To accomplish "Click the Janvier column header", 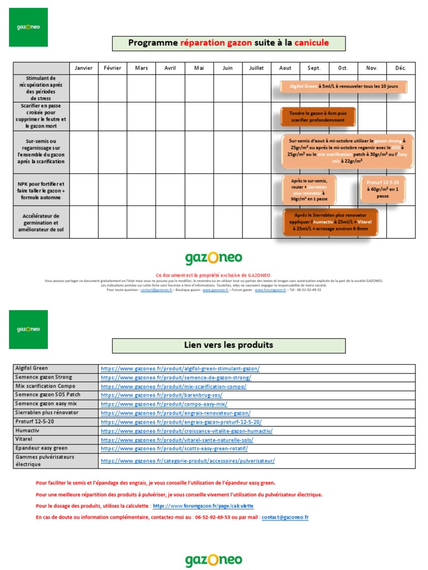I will (84, 68).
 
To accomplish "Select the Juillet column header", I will (256, 68).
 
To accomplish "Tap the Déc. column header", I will (401, 68).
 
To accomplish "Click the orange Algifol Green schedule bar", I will (344, 87).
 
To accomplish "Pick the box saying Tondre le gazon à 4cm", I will (317, 116).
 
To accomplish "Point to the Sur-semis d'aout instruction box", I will (347, 151).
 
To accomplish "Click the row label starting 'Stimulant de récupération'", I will (41, 88).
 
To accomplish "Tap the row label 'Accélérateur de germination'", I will (41, 223).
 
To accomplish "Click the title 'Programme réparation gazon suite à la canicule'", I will (228, 43).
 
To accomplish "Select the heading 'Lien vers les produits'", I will (228, 345).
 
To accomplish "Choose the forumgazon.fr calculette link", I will (203, 506).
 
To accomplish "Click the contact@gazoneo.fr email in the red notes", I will (285, 517).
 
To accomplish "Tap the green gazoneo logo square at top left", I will (28, 27).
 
